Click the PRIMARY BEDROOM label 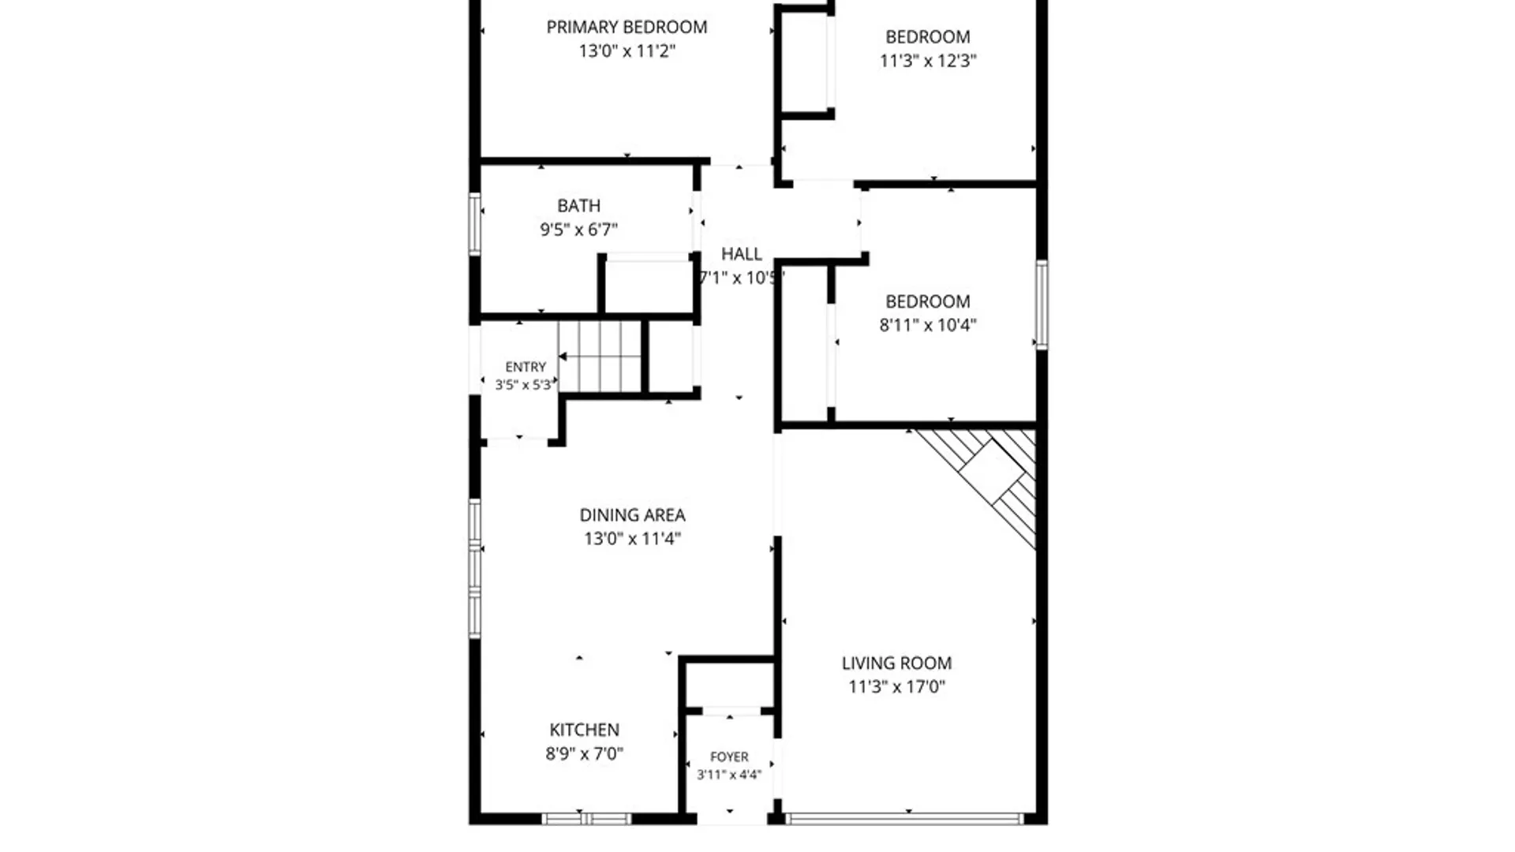[x=627, y=27]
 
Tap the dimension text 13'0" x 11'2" [x=627, y=51]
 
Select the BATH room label [x=578, y=206]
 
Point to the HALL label [x=742, y=254]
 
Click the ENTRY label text [x=526, y=367]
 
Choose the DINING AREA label [x=632, y=515]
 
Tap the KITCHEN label [x=584, y=730]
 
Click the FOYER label [x=729, y=757]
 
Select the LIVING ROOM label [x=896, y=663]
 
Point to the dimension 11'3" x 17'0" [x=896, y=687]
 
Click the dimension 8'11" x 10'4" [x=928, y=325]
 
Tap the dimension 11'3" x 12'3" [x=928, y=61]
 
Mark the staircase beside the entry [x=600, y=357]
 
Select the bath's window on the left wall [x=474, y=224]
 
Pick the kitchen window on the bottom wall [x=586, y=819]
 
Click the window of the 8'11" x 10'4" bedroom [x=1042, y=305]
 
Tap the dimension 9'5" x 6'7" [x=578, y=230]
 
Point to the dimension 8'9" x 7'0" [x=584, y=754]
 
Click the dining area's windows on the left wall [x=474, y=568]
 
